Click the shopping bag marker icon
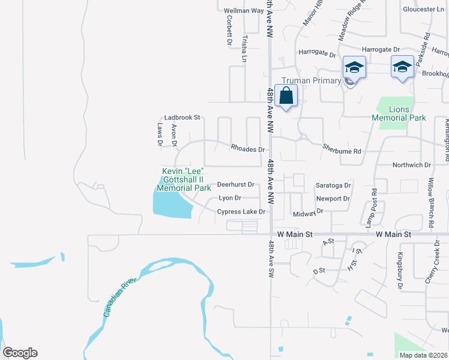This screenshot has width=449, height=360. click(x=287, y=95)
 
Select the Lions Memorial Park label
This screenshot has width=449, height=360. click(x=399, y=113)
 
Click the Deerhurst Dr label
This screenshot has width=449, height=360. click(x=236, y=185)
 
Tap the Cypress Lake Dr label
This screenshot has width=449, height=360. click(x=241, y=212)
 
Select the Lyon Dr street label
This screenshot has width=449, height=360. click(x=229, y=198)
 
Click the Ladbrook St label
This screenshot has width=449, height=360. click(x=182, y=118)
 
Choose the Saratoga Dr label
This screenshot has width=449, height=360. click(x=333, y=186)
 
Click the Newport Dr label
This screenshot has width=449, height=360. click(x=333, y=199)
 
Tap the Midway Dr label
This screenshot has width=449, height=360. click(x=308, y=213)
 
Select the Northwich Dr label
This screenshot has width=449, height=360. click(x=411, y=165)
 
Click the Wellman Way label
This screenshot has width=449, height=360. click(x=244, y=11)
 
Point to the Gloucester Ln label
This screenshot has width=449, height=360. click(x=423, y=10)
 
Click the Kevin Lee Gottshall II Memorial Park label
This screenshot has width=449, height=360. click(x=187, y=179)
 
